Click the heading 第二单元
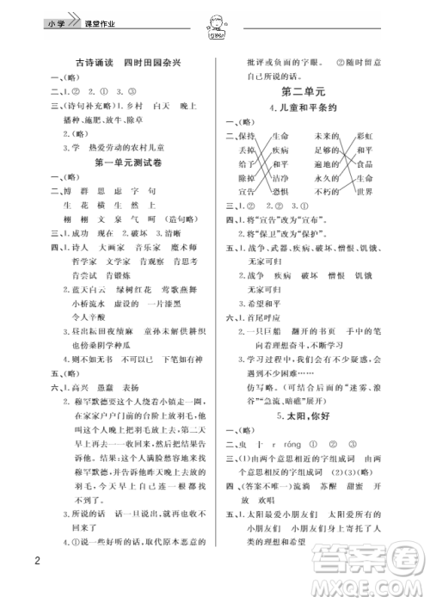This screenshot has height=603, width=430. [x=307, y=90]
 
